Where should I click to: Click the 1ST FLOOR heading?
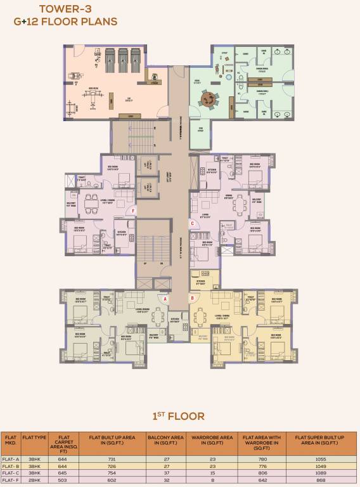point(179,416)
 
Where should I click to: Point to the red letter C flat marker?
point(192,223)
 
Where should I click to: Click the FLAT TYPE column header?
point(34,437)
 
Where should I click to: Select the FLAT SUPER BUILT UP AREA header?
point(319,439)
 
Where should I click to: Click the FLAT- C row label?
point(11,472)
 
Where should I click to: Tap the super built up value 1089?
point(319,472)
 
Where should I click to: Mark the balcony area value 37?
point(166,472)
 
